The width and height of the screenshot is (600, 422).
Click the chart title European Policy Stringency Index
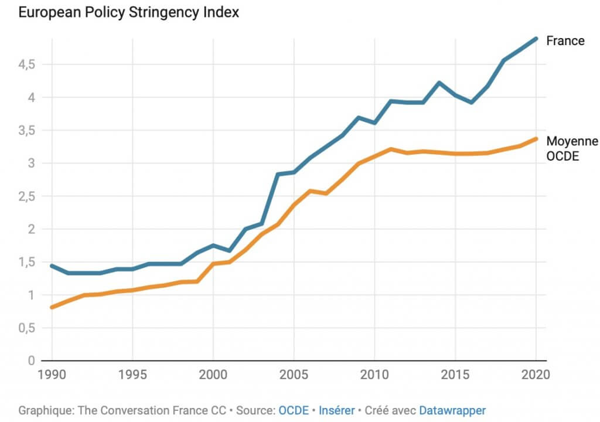click(x=128, y=12)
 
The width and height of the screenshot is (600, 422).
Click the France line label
click(x=565, y=41)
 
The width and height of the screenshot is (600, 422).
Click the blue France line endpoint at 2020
click(x=535, y=39)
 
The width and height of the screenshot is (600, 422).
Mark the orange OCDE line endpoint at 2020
click(x=535, y=139)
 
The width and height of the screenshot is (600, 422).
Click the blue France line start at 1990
click(x=52, y=266)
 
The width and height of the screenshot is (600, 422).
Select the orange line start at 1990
click(x=52, y=307)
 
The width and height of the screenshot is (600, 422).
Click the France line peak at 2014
click(x=439, y=83)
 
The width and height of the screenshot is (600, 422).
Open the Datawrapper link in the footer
click(x=452, y=410)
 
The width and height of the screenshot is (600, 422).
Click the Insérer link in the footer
click(x=336, y=410)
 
